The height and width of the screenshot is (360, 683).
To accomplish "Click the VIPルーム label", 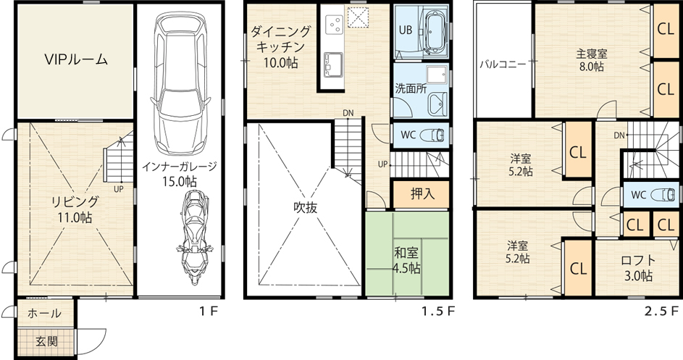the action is (76, 59).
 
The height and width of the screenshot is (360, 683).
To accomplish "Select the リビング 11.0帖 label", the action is (75, 209).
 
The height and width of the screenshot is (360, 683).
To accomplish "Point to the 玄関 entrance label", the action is (46, 341).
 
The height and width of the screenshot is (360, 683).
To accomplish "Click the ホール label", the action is (44, 313).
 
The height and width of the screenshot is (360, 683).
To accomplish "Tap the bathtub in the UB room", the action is (435, 33).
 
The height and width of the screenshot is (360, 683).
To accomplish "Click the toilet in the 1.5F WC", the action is (432, 135).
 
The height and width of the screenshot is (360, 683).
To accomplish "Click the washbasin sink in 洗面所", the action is (437, 104).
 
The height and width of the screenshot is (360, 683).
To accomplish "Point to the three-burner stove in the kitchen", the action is (335, 22).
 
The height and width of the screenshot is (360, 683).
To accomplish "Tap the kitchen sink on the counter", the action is (333, 64).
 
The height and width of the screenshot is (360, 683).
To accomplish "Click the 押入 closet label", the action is (422, 193).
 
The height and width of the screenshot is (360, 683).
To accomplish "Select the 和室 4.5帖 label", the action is (406, 260).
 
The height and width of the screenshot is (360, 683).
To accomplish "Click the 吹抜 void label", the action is (305, 208).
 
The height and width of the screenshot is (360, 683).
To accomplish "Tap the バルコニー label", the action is (503, 64).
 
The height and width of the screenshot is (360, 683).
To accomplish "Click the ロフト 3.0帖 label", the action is (638, 268).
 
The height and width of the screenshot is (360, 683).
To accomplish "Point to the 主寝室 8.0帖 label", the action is (592, 60).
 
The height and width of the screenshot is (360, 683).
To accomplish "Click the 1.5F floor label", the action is (437, 311).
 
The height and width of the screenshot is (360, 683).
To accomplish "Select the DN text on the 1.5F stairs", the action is (348, 113).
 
